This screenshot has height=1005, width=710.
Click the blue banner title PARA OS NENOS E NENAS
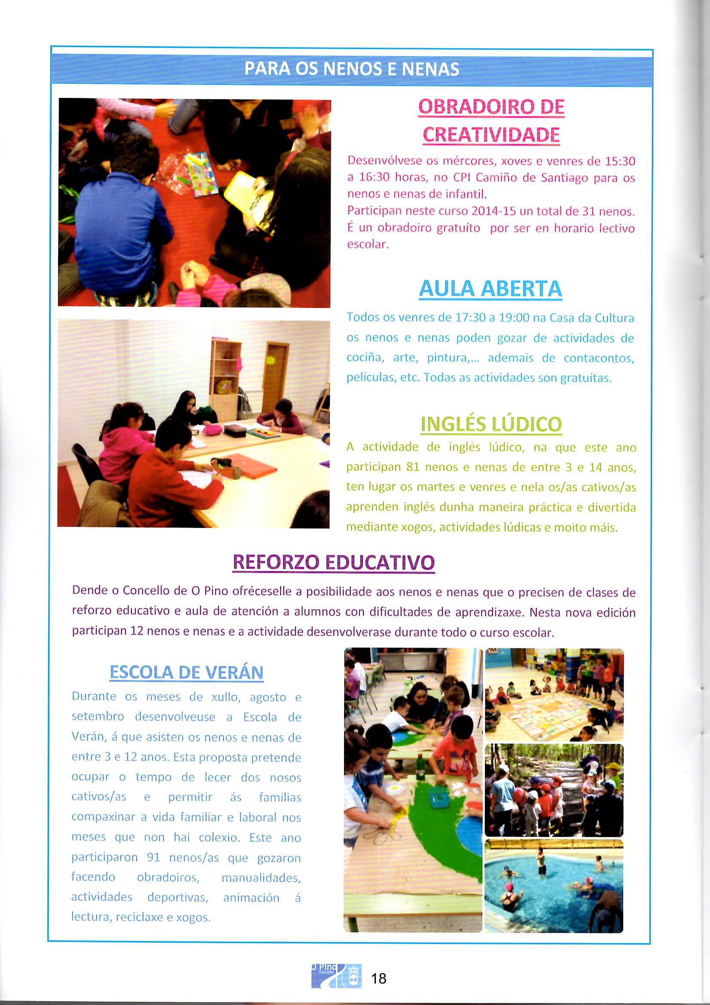tap(352, 69)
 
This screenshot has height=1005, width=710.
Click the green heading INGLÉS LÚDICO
tap(491, 424)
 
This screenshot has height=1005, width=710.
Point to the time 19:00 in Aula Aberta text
tap(514, 318)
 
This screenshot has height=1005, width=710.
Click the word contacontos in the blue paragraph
tap(599, 358)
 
